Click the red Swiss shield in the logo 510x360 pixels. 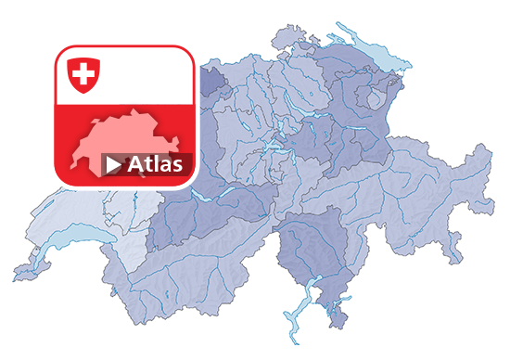[x=83, y=75]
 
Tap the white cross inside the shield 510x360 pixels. [x=83, y=73]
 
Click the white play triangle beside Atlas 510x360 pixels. [x=113, y=165]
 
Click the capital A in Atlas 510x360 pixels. [x=136, y=164]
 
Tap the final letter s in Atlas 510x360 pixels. [x=185, y=166]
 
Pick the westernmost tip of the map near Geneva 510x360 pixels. [x=15, y=276]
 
